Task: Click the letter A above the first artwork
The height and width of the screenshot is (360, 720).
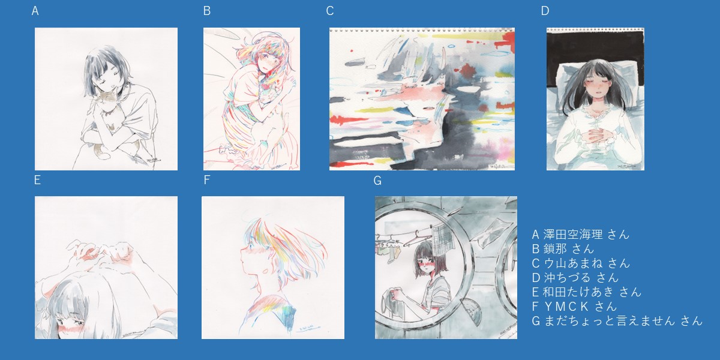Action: [x=35, y=11]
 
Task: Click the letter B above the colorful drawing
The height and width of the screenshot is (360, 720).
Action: [x=207, y=11]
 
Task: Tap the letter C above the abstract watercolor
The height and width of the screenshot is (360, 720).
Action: [x=330, y=11]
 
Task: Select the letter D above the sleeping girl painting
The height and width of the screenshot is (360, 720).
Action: [x=545, y=11]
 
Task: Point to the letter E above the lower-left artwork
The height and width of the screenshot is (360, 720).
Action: [x=37, y=180]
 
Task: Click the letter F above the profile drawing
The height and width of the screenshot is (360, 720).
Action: [x=206, y=180]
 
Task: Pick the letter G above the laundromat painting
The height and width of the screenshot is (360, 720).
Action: [x=377, y=181]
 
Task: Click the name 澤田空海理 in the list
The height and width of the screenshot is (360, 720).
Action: [x=573, y=235]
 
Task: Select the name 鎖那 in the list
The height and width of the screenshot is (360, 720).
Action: [x=555, y=249]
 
